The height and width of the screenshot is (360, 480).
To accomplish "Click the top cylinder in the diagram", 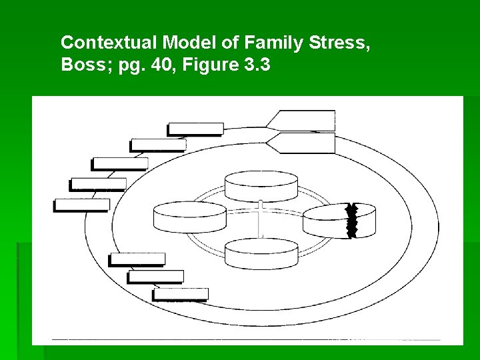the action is (x=261, y=186).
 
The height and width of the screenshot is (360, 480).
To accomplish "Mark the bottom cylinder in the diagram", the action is (x=261, y=253).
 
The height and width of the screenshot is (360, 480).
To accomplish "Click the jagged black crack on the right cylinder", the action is (x=352, y=220).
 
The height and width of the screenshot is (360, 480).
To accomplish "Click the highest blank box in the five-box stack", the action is (x=195, y=129).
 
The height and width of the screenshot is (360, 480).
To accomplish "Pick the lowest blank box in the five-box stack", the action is (x=81, y=205).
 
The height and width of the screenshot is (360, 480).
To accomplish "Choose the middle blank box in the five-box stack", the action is (x=119, y=163).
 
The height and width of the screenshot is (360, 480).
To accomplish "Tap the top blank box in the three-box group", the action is (x=137, y=259).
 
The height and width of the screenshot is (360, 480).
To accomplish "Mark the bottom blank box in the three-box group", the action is (x=180, y=294).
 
